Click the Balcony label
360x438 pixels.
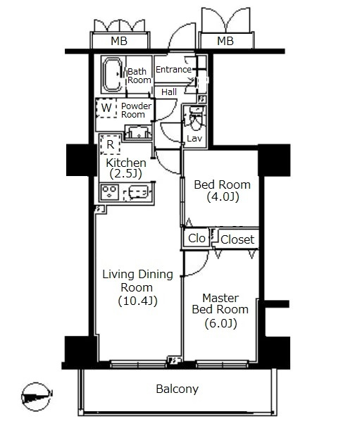(x=178, y=389)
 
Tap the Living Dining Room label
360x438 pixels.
(x=138, y=287)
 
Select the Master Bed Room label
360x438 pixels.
(x=221, y=311)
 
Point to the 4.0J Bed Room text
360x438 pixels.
(x=222, y=191)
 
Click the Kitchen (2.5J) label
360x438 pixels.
(x=126, y=168)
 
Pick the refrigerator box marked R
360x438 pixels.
(x=111, y=144)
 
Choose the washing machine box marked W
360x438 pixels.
(x=106, y=108)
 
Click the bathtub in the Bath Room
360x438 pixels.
(x=112, y=75)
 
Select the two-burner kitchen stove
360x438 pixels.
(x=110, y=192)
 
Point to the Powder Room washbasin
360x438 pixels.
(x=138, y=132)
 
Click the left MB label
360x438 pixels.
(x=119, y=41)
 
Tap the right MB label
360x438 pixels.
(x=225, y=41)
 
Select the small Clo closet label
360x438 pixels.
(x=197, y=238)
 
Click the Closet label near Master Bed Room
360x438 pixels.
(x=237, y=239)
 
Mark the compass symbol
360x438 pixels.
(x=37, y=396)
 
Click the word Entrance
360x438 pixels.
(x=173, y=69)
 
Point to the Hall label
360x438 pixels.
(x=169, y=92)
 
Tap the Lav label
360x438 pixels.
(x=194, y=138)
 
